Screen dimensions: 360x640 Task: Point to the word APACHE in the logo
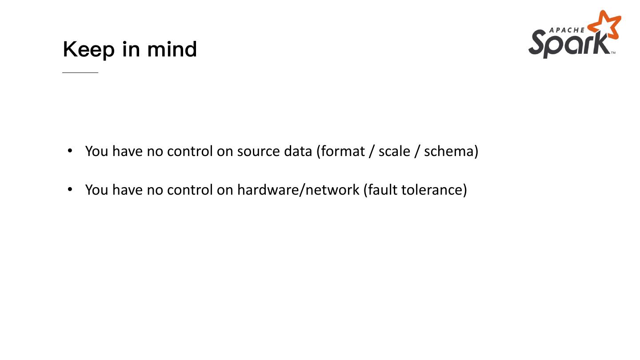[567, 30]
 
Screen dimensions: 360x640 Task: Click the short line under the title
[80, 72]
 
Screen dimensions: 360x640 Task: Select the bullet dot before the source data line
[70, 151]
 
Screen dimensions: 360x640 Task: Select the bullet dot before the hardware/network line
[70, 189]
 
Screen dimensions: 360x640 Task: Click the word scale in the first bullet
[394, 151]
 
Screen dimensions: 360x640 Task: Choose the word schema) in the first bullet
[451, 151]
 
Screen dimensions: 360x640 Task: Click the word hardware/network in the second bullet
[298, 190]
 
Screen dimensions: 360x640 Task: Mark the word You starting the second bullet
[96, 190]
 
